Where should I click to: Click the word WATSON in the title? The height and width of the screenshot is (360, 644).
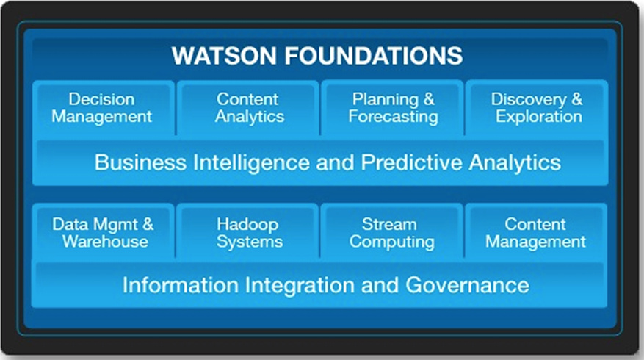click(224, 56)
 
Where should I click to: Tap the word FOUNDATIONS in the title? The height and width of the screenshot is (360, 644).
click(373, 56)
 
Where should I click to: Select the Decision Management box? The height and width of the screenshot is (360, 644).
click(104, 109)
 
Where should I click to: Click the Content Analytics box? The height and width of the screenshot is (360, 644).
click(248, 109)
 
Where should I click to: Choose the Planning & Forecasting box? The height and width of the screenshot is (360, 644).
click(393, 109)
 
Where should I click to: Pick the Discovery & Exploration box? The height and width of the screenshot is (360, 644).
click(537, 109)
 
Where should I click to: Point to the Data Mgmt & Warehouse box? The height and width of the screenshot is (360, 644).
click(104, 231)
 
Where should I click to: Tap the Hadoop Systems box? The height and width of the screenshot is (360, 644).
click(248, 231)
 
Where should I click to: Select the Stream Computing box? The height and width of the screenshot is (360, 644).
click(392, 231)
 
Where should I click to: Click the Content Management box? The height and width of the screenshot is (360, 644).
click(536, 231)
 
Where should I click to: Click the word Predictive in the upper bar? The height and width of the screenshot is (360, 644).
click(411, 162)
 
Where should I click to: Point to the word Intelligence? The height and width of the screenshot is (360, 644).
click(251, 163)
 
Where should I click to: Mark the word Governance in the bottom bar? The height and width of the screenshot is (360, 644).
click(467, 285)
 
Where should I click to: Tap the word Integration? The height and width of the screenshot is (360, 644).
click(300, 286)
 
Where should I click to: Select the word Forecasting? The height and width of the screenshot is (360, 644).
click(393, 117)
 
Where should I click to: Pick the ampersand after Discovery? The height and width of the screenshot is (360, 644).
click(576, 99)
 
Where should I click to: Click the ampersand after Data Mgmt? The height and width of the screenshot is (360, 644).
click(148, 224)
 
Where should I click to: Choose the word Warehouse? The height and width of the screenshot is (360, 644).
click(105, 241)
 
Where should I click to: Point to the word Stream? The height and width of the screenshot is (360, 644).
click(389, 224)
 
